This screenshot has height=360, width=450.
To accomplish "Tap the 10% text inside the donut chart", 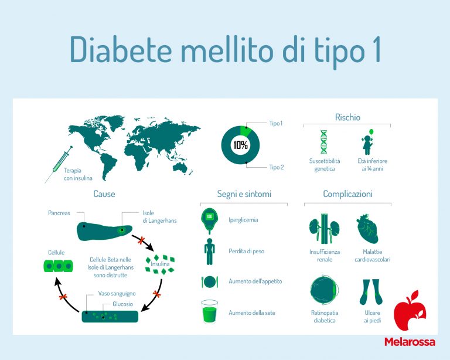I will click(240, 145).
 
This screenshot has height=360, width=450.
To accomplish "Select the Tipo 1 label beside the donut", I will click(275, 124).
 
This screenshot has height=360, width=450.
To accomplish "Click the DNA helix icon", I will click(323, 142).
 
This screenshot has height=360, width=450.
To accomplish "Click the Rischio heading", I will click(347, 117).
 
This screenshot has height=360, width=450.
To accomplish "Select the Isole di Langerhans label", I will click(156, 217).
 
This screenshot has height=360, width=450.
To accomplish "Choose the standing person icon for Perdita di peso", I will click(209, 251).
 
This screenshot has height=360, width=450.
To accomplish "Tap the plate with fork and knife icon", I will click(209, 281).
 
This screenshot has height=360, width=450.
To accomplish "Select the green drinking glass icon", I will click(209, 313).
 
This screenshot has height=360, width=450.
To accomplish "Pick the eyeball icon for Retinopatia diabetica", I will click(323, 292).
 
